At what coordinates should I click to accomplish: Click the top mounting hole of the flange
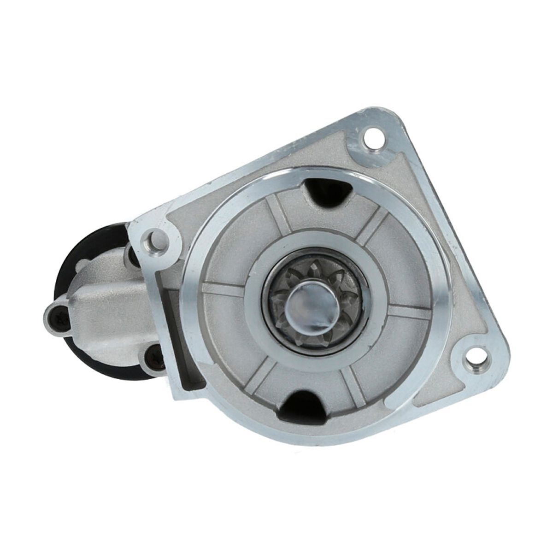[373, 136]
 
